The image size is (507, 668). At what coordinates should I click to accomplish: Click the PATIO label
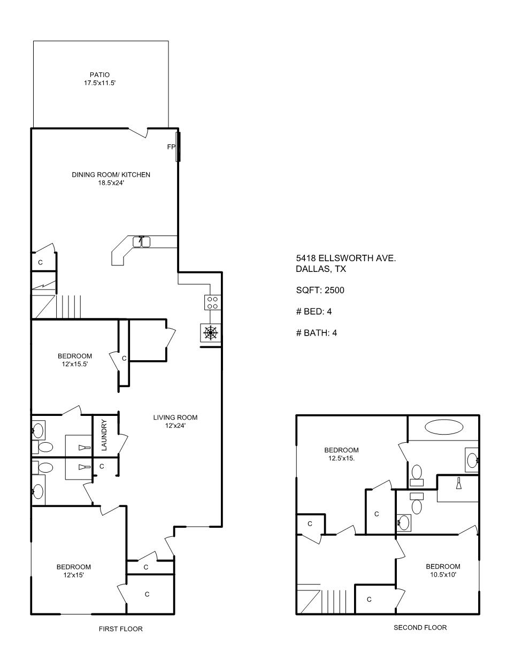(x=99, y=74)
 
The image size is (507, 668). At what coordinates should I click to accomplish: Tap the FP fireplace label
(x=171, y=147)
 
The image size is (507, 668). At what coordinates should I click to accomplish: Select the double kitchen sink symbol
(x=141, y=241)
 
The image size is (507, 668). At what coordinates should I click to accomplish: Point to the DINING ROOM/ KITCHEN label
(x=111, y=174)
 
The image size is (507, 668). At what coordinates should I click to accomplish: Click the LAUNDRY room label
(x=104, y=435)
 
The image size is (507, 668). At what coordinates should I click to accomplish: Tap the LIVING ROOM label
(x=175, y=417)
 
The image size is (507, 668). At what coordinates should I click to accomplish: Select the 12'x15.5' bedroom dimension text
(x=75, y=364)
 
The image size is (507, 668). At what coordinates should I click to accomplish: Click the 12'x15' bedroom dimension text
(x=74, y=575)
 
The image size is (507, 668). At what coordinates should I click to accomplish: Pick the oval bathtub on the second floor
(x=444, y=427)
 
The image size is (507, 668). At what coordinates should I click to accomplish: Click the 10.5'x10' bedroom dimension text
(x=443, y=574)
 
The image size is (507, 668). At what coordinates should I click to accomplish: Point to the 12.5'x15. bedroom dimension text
(x=341, y=458)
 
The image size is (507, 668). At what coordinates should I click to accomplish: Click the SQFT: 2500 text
(x=320, y=290)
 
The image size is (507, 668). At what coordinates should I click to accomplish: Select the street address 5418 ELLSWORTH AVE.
(x=346, y=259)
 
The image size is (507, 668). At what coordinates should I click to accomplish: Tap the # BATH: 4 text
(x=317, y=333)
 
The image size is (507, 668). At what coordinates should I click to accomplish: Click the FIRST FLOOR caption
(x=121, y=629)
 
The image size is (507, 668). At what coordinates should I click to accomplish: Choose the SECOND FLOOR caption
(x=420, y=627)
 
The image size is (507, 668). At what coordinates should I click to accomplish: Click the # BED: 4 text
(x=314, y=312)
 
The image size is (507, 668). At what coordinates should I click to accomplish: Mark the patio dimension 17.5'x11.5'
(x=99, y=83)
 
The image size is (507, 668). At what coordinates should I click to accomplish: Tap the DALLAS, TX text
(x=321, y=269)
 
